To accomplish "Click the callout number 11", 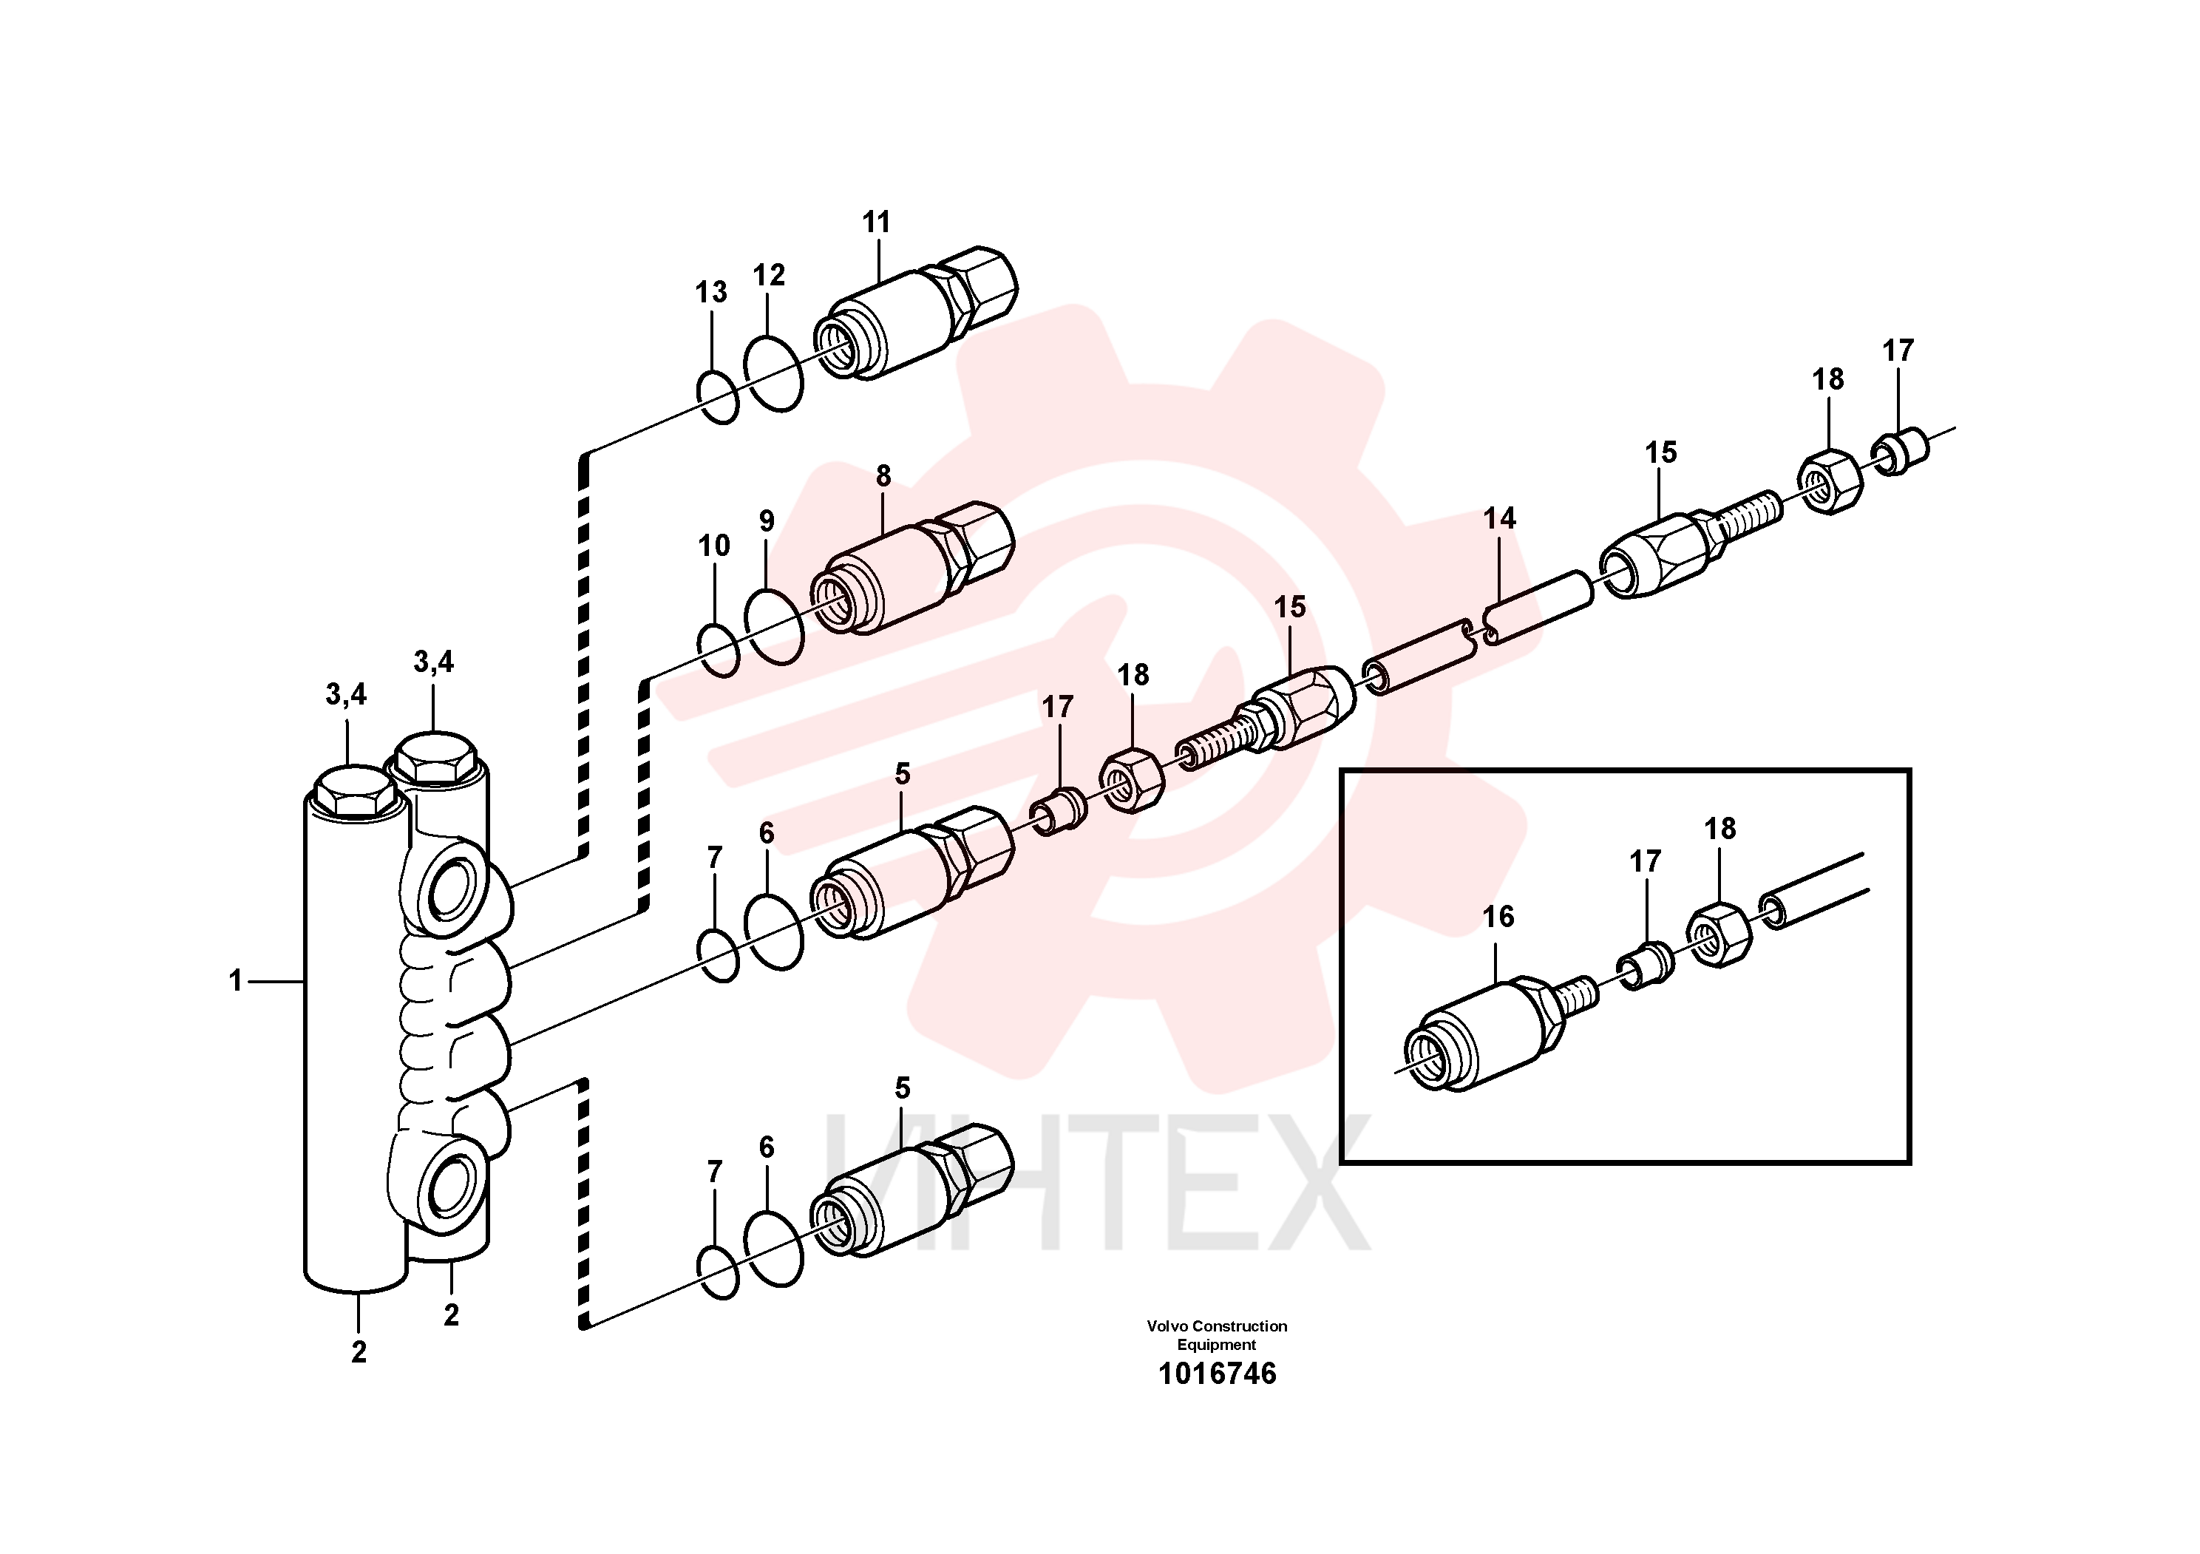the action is pos(876,223).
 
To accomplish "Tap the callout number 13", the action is pos(711,292).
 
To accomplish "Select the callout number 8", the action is pos(883,476).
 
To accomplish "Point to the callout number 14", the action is pos(1500,518).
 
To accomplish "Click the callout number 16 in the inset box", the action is pos(1498,917).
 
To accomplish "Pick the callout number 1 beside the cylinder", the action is pos(235,981).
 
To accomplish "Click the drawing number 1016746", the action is pos(1217,1374).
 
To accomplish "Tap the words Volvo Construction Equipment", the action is pos(1217,1336).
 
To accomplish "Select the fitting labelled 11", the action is pos(915,312).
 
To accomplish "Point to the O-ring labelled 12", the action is pos(773,373).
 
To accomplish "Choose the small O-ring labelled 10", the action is pos(719,651).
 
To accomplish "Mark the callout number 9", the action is pos(767,521).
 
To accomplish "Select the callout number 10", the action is pos(714,546).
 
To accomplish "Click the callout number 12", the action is pos(769,276).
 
